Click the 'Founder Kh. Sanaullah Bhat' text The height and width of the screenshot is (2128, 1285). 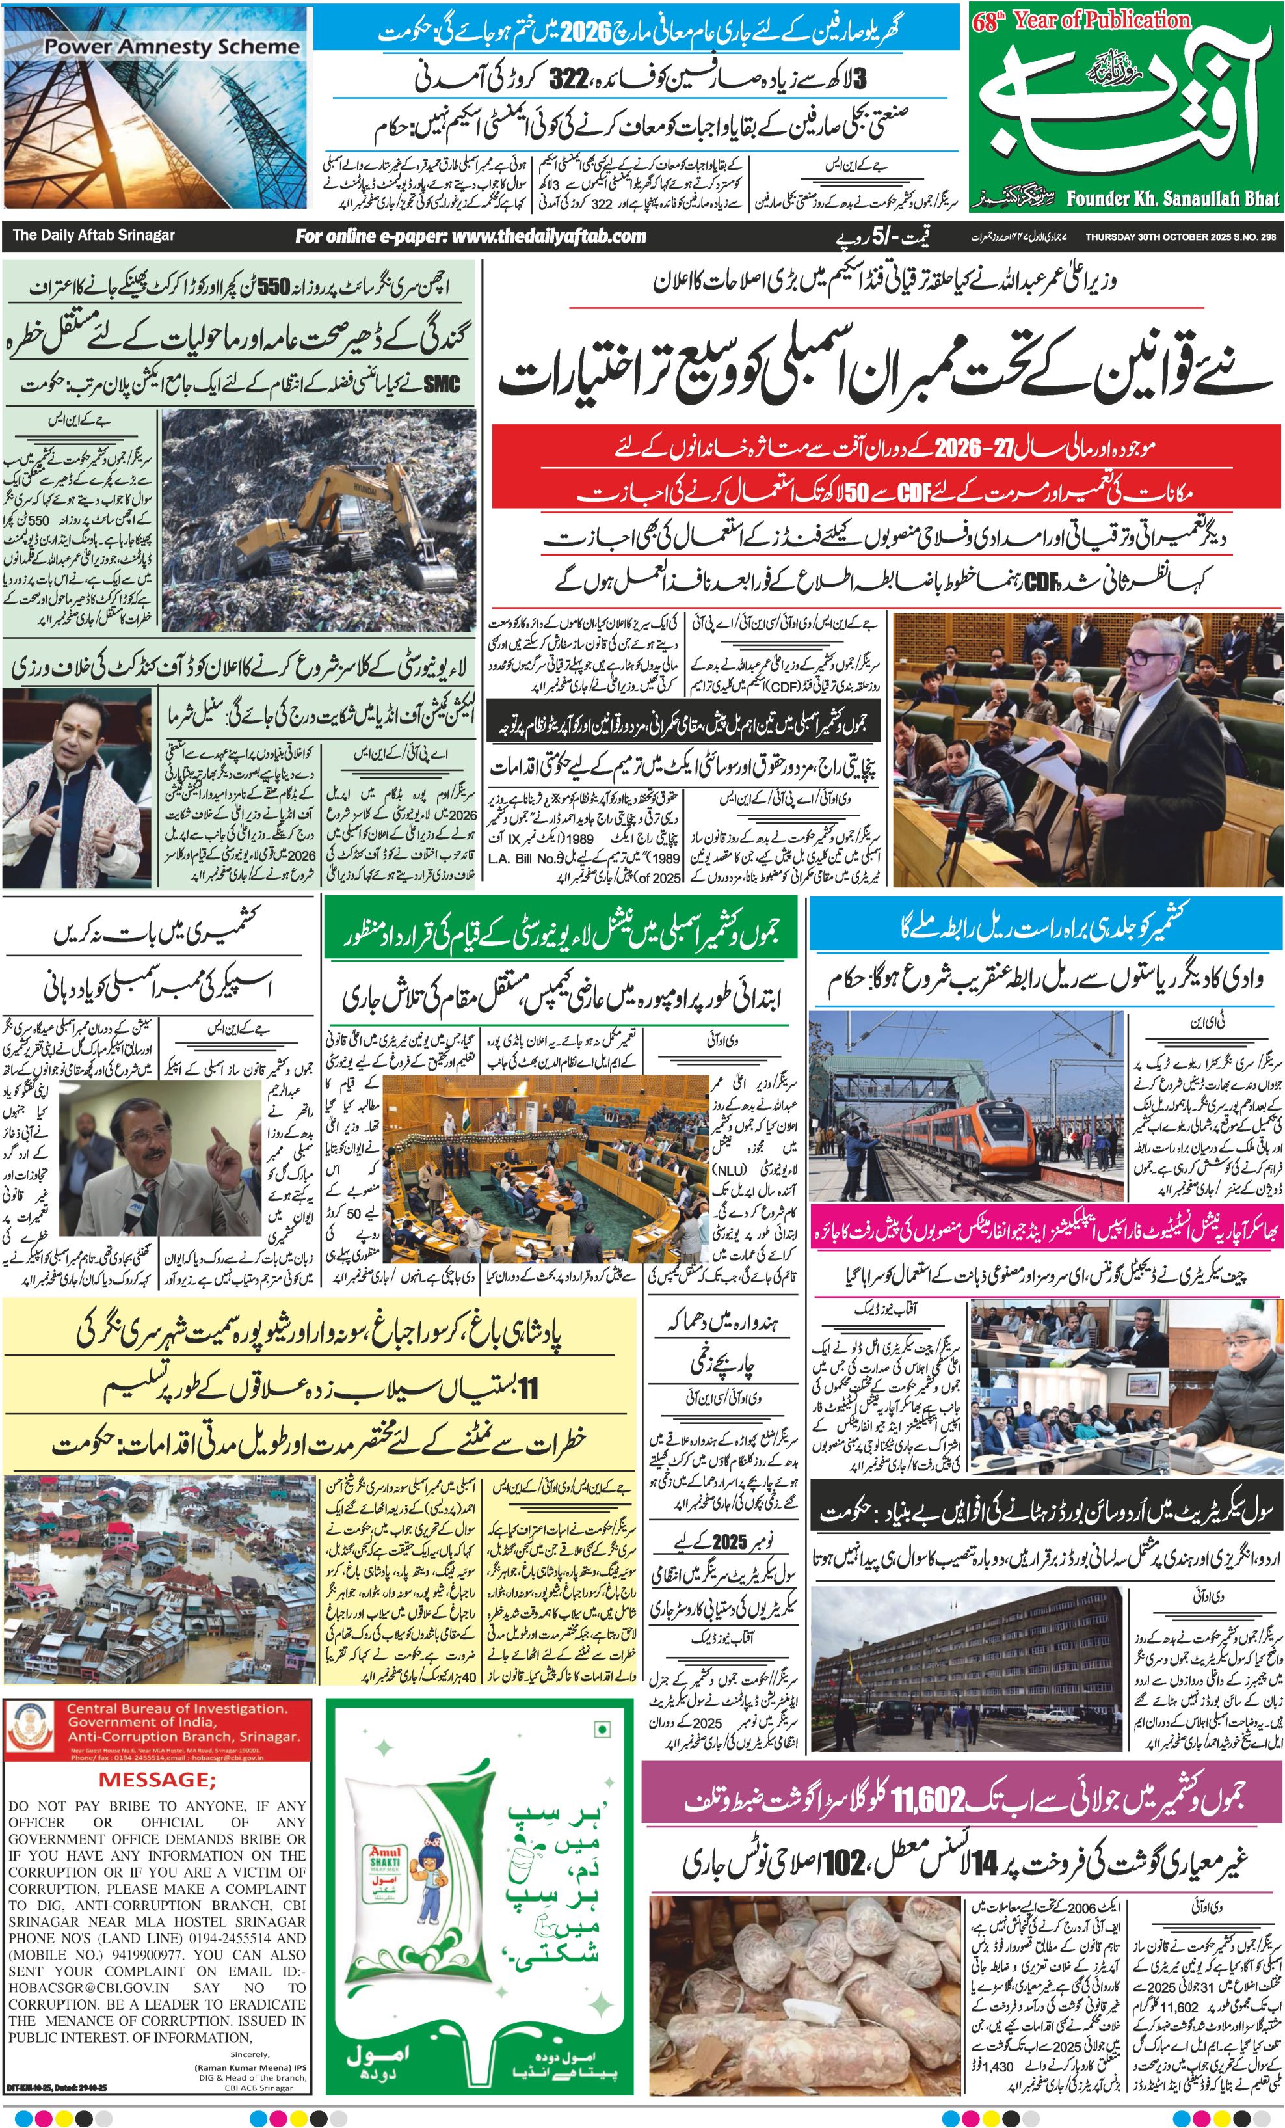[1172, 198]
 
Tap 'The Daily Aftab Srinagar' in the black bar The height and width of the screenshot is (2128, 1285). [93, 235]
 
